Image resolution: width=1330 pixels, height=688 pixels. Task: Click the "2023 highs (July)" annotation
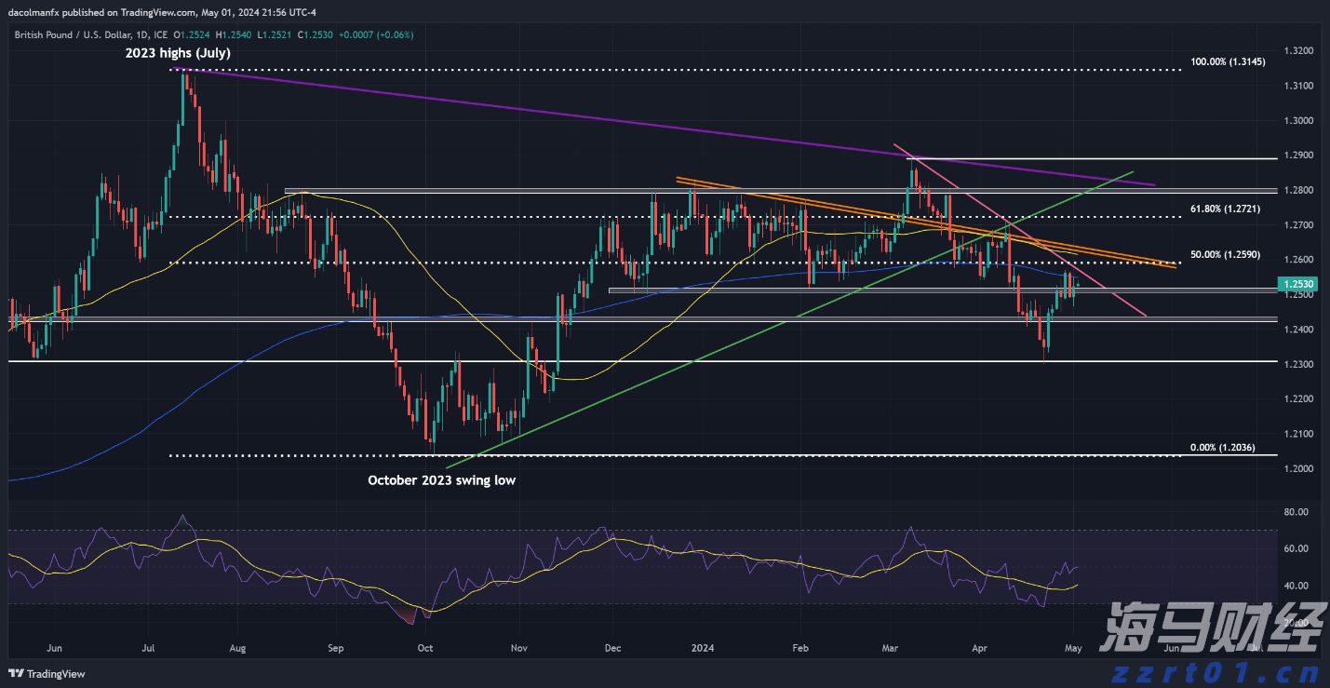[178, 54]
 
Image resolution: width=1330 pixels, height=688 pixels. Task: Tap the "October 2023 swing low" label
[441, 480]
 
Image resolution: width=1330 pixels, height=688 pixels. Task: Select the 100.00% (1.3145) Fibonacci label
[1226, 62]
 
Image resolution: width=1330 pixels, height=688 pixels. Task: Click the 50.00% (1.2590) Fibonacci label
[1223, 254]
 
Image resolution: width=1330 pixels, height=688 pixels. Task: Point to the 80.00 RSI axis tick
[1295, 512]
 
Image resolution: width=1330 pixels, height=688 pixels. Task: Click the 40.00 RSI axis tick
[1295, 586]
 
